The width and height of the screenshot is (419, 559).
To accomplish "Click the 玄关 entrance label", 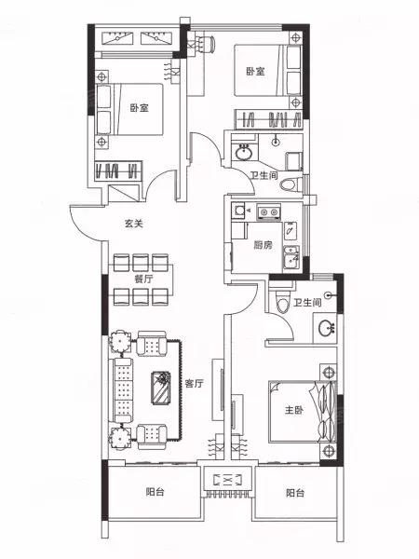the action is tap(133, 224).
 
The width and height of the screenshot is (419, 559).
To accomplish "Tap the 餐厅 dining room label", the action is tap(143, 279).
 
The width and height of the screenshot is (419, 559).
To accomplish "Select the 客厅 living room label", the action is tap(195, 384).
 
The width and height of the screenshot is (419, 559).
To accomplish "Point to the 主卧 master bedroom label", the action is tap(294, 410).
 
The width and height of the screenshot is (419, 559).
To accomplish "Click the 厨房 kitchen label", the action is tap(263, 245).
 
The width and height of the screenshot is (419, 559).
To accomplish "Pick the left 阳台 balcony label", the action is tap(155, 492).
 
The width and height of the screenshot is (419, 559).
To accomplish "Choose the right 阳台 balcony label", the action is tap(295, 493).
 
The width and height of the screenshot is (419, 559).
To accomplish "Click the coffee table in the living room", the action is tap(161, 388).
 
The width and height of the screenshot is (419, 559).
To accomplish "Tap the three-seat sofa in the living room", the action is tap(121, 390).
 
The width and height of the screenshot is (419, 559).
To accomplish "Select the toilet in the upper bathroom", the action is tap(290, 185).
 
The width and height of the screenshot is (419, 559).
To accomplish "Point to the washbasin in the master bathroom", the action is tap(326, 328).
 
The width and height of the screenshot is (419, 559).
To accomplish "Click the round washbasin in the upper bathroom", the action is tap(244, 153).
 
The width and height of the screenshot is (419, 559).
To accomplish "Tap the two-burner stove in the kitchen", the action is tap(269, 211).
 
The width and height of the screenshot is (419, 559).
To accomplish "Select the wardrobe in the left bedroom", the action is tap(118, 170).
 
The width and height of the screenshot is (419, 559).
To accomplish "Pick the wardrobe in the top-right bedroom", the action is tap(269, 119).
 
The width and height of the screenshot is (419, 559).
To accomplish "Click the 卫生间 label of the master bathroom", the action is tap(307, 303).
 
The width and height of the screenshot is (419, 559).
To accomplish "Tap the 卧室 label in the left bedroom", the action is tap(139, 108).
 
